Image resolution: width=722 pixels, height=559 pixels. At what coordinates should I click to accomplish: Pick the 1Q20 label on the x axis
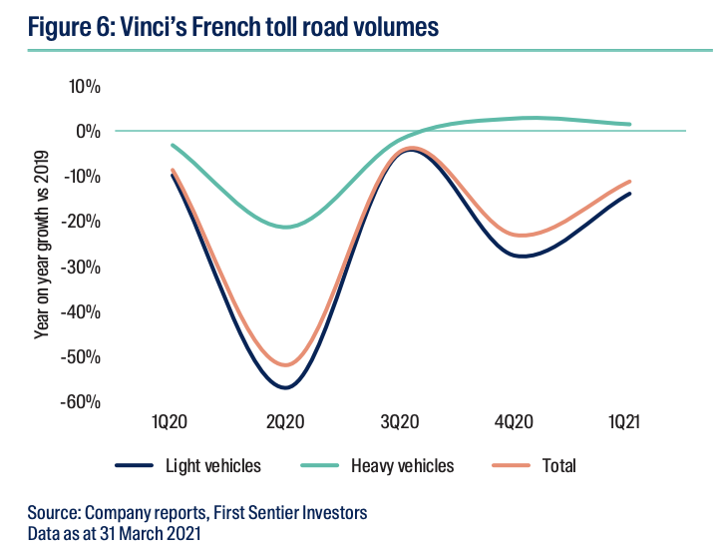[172, 422]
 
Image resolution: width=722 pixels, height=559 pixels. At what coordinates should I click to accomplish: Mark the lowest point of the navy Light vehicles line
[286, 387]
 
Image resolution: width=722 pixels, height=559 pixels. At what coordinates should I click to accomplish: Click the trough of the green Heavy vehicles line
[287, 227]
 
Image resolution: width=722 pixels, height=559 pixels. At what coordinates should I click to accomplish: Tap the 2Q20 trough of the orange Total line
[286, 365]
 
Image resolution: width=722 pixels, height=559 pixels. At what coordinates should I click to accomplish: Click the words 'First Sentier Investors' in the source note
[290, 513]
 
